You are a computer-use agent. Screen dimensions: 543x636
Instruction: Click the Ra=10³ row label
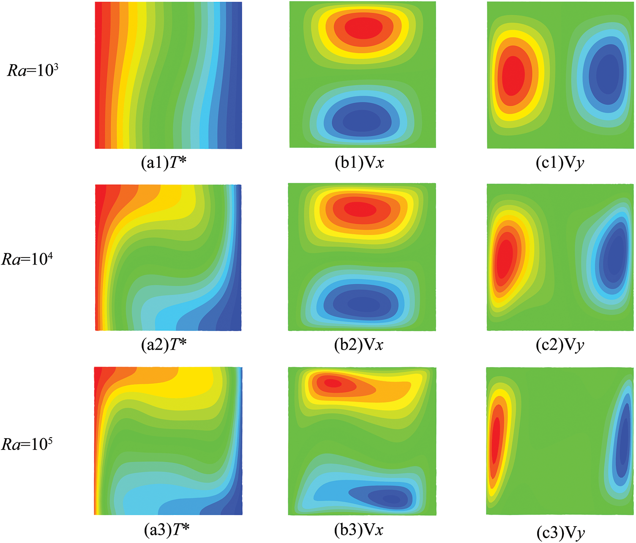(33, 70)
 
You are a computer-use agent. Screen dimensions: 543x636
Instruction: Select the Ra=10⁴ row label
(27, 258)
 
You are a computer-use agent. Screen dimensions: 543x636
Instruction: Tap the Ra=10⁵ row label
(27, 444)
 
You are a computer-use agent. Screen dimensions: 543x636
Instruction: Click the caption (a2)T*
(164, 345)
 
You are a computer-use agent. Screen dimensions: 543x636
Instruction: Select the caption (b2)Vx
(359, 345)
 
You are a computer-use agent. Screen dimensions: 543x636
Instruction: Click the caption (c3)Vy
(561, 532)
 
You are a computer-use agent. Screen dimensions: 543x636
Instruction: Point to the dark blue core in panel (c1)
(608, 74)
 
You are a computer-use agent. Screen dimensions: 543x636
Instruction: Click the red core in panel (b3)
(333, 383)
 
